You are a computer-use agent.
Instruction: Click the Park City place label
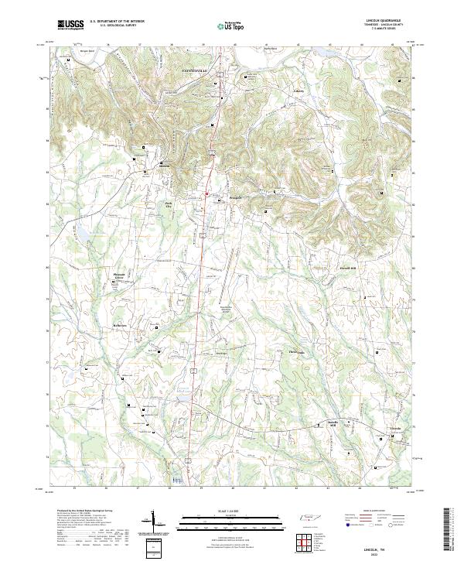click(169, 205)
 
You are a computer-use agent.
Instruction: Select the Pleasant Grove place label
click(119, 275)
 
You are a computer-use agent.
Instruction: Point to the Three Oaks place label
click(297, 353)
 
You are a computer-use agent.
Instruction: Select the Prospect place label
click(236, 197)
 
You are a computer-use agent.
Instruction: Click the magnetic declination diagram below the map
click(159, 523)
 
